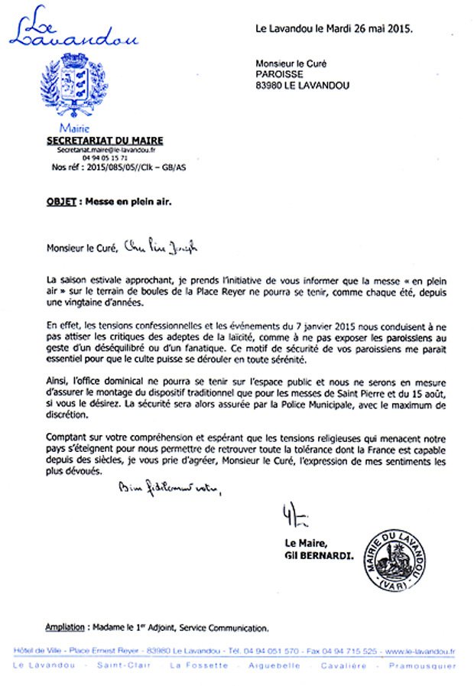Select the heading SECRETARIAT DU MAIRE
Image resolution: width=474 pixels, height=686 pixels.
point(105,141)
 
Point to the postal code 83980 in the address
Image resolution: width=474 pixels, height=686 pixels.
point(271,86)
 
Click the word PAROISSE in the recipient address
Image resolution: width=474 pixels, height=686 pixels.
point(280,74)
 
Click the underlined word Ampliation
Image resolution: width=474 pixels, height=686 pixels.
point(65,628)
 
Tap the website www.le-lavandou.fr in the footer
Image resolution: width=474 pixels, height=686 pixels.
point(420,651)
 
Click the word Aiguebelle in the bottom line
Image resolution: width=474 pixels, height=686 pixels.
point(274,665)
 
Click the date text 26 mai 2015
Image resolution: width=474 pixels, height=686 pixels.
point(379,29)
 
